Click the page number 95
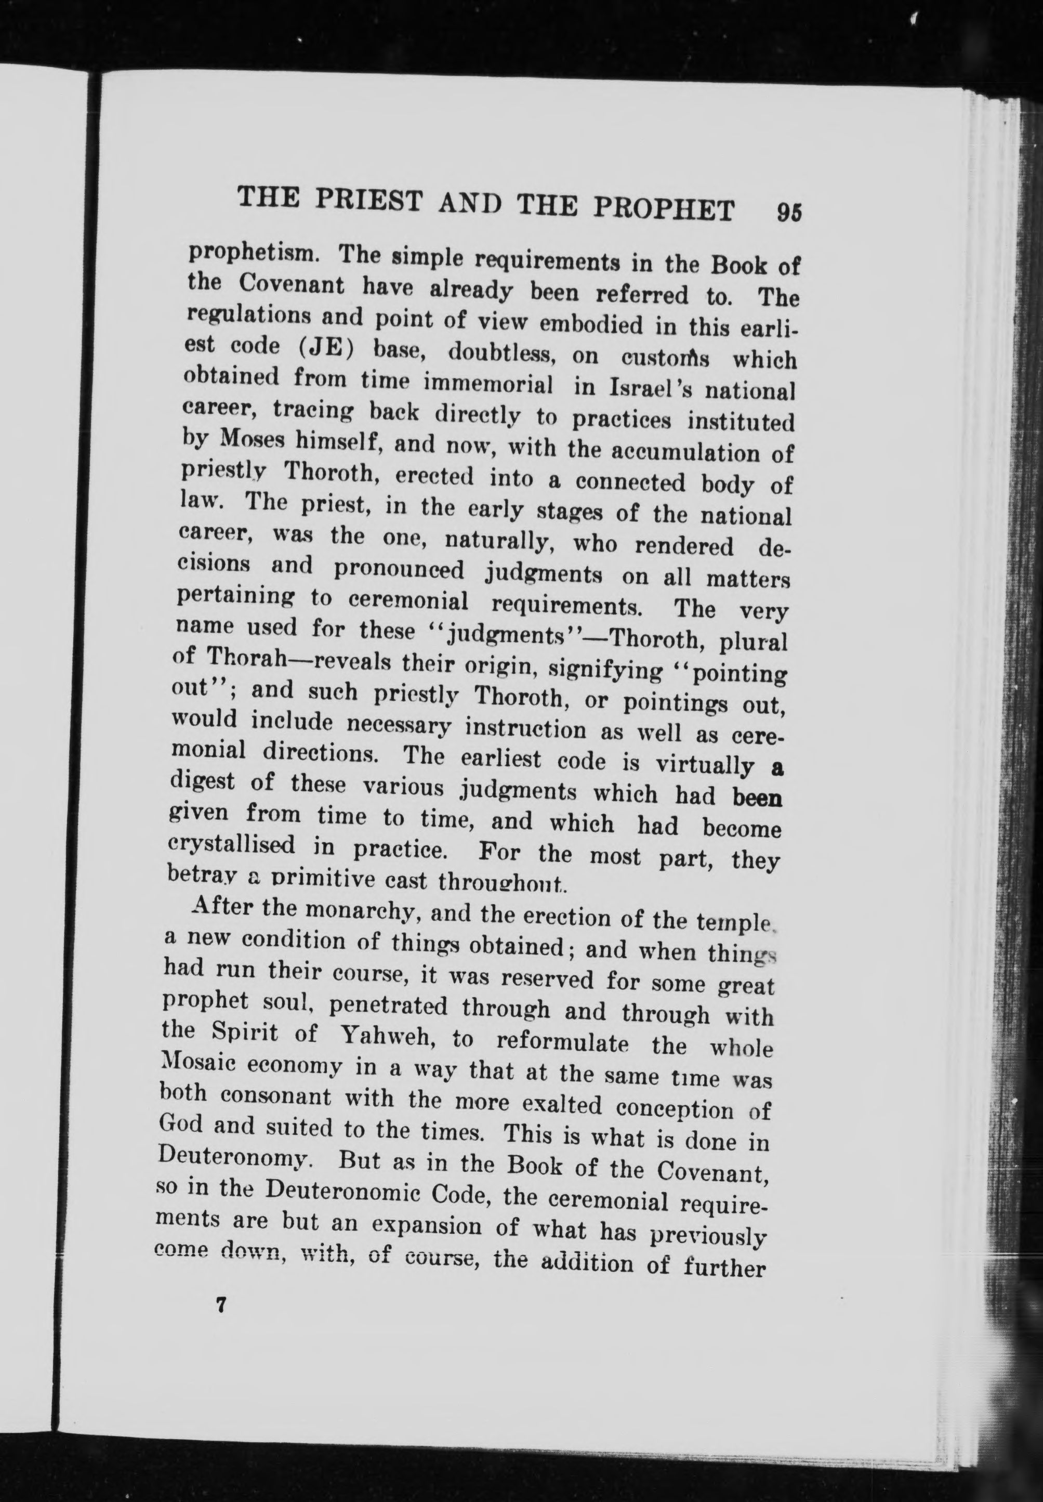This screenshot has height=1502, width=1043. coord(788,213)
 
